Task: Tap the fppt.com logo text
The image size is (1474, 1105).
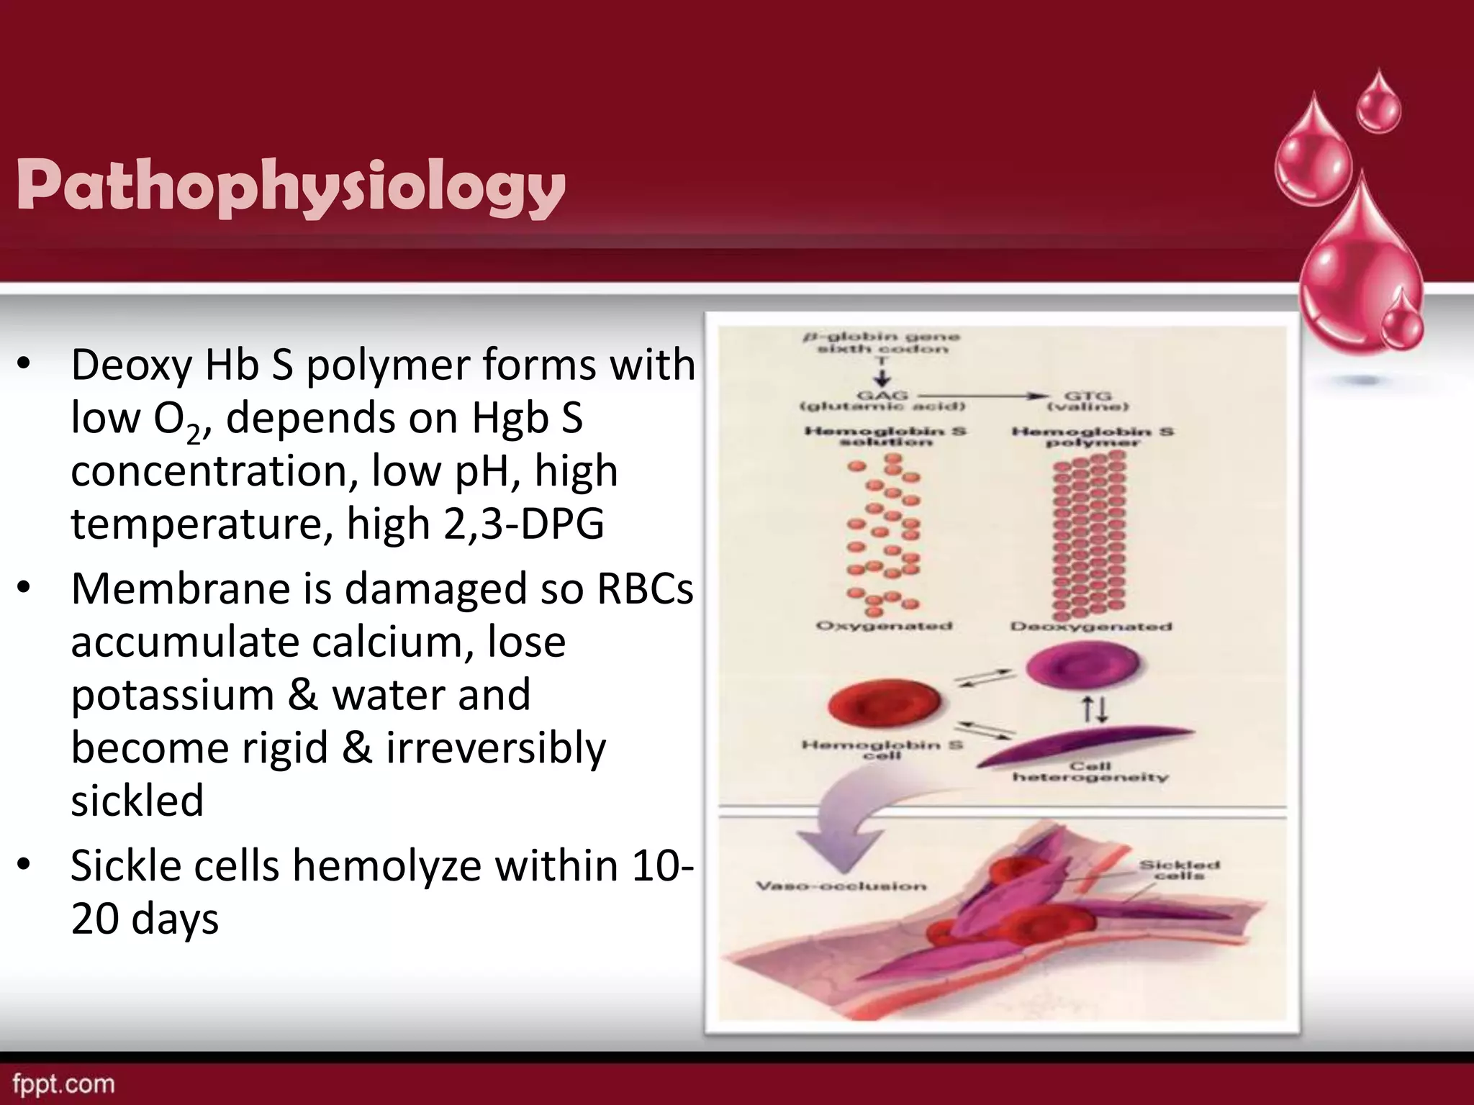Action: coord(63,1083)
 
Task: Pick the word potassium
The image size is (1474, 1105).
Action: coord(172,696)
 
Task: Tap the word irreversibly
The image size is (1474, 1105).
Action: coord(496,748)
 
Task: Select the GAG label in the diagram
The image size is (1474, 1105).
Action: coord(882,395)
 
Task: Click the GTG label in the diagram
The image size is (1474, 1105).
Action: coord(1088,395)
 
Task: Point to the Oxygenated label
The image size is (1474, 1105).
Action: coord(884,626)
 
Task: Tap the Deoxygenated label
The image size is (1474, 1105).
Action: coord(1091,627)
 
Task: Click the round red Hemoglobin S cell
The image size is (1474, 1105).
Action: coord(884,704)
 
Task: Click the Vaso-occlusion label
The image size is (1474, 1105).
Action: coord(841,886)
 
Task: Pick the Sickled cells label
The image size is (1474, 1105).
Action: coord(1179,870)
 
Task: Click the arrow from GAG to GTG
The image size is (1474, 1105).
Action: coord(982,395)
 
